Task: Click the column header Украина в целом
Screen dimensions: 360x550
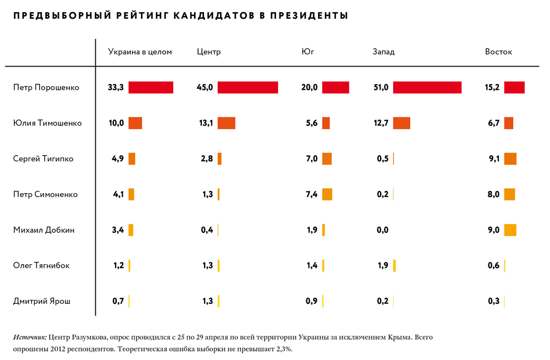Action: [x=140, y=52]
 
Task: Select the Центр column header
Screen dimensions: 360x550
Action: [x=208, y=52]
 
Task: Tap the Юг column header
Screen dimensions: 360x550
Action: [x=307, y=52]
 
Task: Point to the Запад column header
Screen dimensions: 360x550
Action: [x=383, y=52]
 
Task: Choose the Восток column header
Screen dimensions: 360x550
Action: [x=498, y=52]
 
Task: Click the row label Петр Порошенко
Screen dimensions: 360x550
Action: [x=46, y=88]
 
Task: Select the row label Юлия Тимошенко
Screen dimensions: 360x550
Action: [x=47, y=123]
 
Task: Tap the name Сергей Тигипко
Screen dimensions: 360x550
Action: [x=43, y=159]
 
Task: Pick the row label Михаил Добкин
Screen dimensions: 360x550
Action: [x=43, y=230]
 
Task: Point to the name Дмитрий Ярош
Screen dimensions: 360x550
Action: [x=42, y=301]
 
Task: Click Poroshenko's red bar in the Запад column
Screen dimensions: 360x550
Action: [x=427, y=88]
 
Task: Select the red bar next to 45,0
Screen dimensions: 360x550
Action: [x=248, y=88]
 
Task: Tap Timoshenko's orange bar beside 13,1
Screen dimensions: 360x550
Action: [x=226, y=123]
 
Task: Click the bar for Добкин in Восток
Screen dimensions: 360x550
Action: [x=510, y=230]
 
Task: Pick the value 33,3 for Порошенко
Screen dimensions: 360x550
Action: [x=116, y=88]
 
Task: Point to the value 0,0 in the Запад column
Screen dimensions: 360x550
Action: [x=382, y=230]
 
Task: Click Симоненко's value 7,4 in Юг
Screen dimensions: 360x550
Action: [x=312, y=194]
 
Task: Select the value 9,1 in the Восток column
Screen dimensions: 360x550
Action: [x=493, y=159]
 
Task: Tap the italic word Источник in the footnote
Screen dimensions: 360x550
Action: [x=29, y=336]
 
